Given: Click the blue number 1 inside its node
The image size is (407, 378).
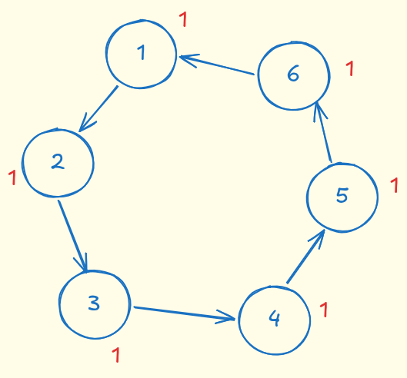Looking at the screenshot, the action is pyautogui.click(x=142, y=52).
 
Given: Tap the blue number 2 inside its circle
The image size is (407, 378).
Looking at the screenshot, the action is pyautogui.click(x=58, y=161).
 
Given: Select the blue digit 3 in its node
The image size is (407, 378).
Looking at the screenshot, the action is pyautogui.click(x=94, y=303).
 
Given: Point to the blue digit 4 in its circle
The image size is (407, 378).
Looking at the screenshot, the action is pyautogui.click(x=275, y=318).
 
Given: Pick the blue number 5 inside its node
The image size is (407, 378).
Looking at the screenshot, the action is pyautogui.click(x=342, y=194).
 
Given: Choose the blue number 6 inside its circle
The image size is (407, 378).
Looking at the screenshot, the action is pyautogui.click(x=293, y=74).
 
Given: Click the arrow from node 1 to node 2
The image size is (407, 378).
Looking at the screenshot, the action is pyautogui.click(x=98, y=108).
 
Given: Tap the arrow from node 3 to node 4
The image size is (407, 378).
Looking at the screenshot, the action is pyautogui.click(x=185, y=313).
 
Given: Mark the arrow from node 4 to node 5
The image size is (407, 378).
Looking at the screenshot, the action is pyautogui.click(x=305, y=257).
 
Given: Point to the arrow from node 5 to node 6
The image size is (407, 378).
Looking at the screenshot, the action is pyautogui.click(x=323, y=132).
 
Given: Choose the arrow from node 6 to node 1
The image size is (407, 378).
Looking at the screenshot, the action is pyautogui.click(x=217, y=65).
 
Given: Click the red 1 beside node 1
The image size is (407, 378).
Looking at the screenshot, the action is pyautogui.click(x=184, y=20).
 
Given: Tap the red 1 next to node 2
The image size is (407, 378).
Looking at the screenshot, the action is pyautogui.click(x=13, y=177).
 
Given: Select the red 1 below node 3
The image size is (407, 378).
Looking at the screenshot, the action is pyautogui.click(x=116, y=355).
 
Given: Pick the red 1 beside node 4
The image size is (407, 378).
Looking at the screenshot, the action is pyautogui.click(x=324, y=310).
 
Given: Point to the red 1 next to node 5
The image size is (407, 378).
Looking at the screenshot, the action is pyautogui.click(x=395, y=185).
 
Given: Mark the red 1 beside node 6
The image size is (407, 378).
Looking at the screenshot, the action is pyautogui.click(x=350, y=68).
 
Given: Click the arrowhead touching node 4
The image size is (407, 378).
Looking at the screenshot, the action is pyautogui.click(x=226, y=317).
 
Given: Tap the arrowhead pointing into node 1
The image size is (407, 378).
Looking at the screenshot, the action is pyautogui.click(x=189, y=60).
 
